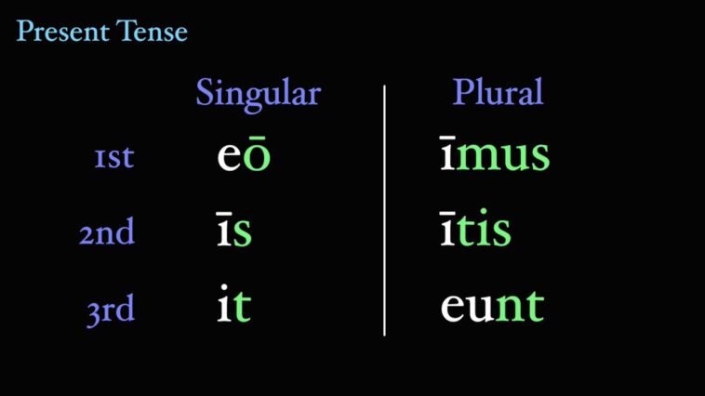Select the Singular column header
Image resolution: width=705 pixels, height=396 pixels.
(x=258, y=94)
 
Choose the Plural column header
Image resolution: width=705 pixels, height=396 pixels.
(x=498, y=93)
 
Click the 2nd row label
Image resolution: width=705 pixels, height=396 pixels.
(x=107, y=232)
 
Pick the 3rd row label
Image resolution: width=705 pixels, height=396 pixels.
(x=111, y=310)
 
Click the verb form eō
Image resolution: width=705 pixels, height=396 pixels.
(x=244, y=156)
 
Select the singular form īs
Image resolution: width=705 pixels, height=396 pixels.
(x=233, y=231)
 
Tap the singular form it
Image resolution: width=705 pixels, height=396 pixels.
(x=233, y=306)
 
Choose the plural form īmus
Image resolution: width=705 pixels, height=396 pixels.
(x=495, y=156)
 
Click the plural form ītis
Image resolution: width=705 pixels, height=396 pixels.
(x=475, y=231)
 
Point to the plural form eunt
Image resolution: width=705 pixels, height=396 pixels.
(x=492, y=306)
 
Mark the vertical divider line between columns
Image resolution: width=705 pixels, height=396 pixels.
(x=384, y=209)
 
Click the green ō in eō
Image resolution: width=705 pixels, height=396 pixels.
(x=258, y=156)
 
